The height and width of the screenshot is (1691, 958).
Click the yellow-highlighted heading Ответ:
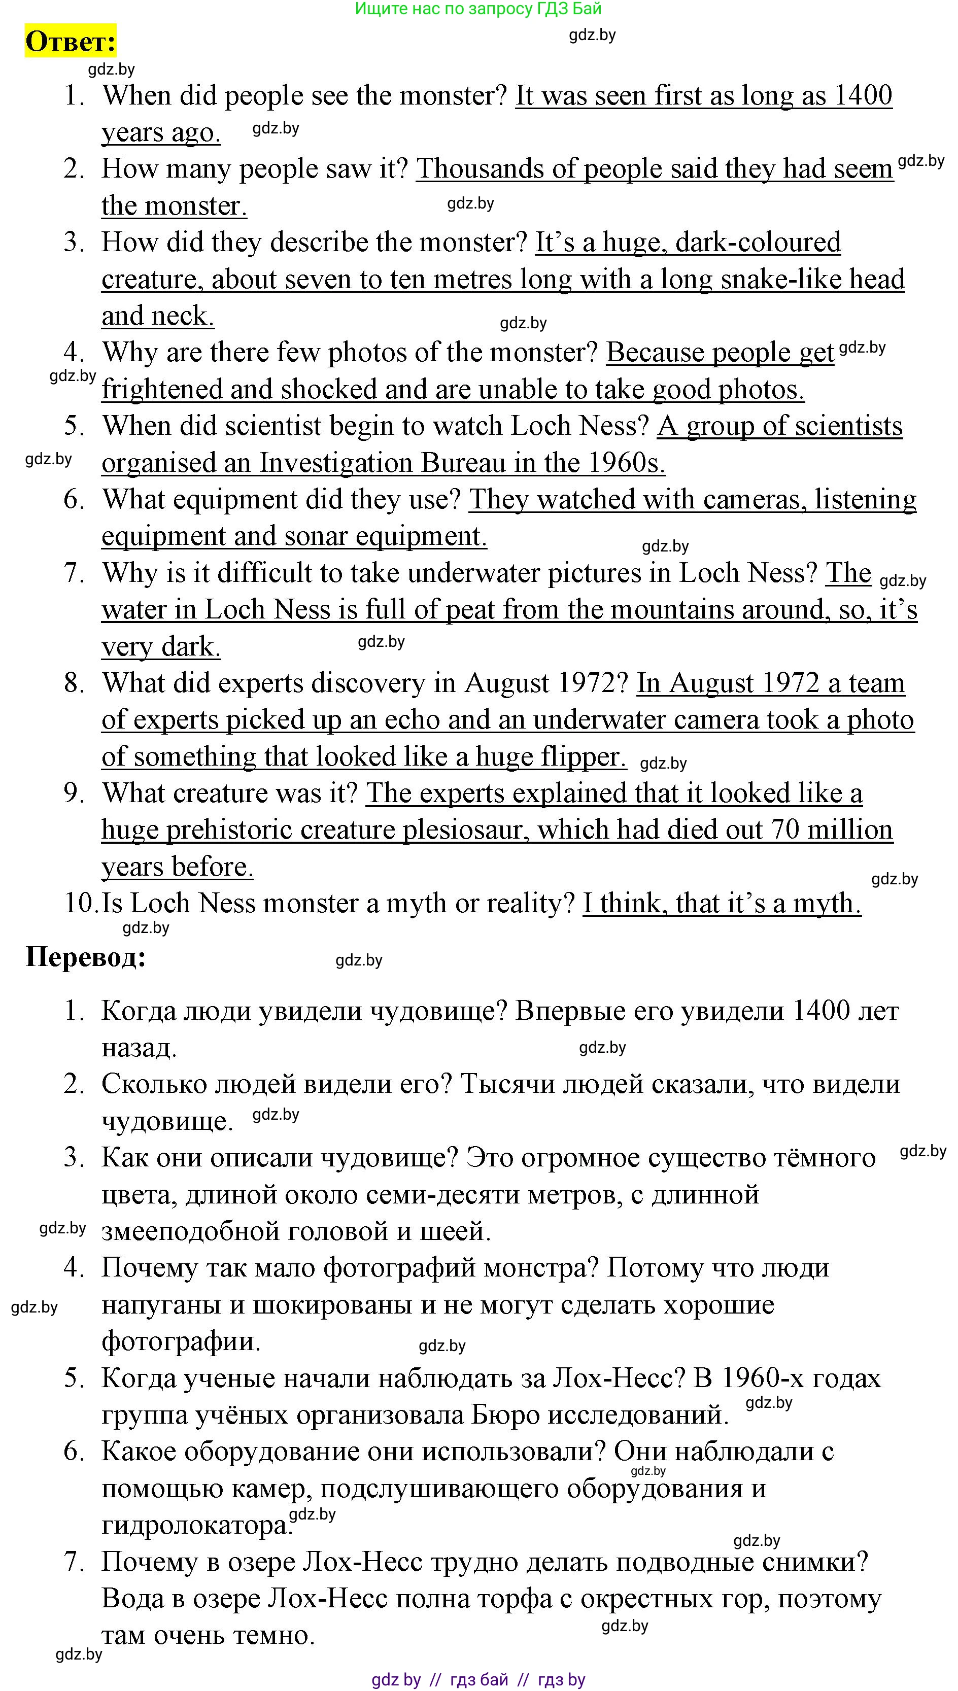point(71,42)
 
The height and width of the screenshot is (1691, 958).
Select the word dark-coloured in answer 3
point(758,242)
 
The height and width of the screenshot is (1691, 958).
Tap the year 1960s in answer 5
point(626,463)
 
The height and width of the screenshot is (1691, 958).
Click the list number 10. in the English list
point(80,903)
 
